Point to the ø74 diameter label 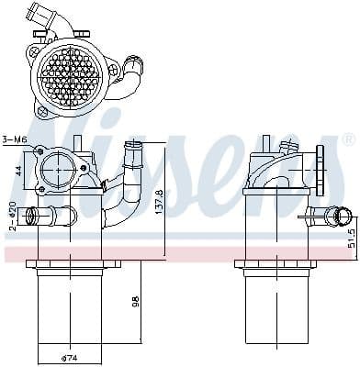[68, 358]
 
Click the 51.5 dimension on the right [350, 240]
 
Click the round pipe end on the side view [341, 217]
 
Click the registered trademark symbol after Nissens [348, 139]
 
